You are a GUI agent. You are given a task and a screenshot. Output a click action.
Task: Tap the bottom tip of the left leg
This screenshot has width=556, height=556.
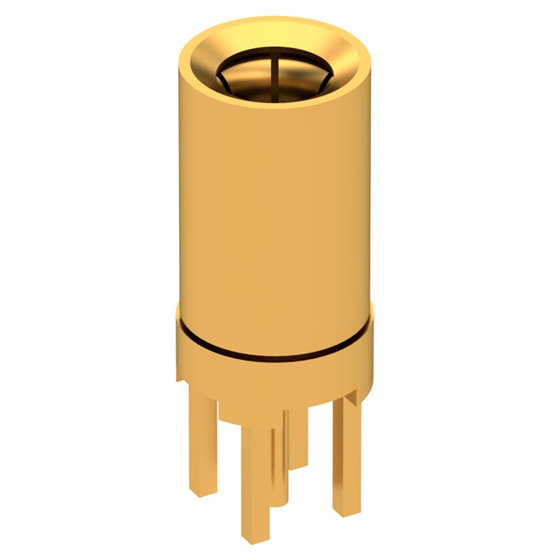tap(203, 492)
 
